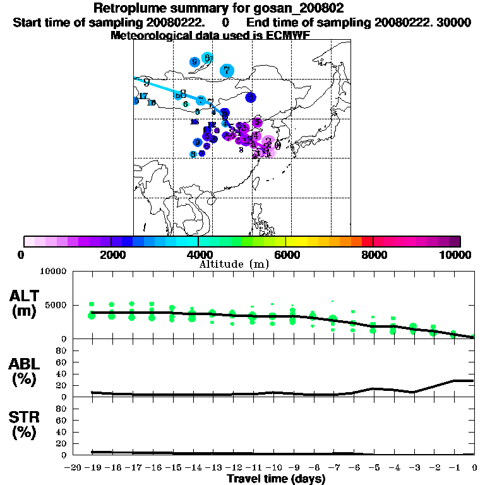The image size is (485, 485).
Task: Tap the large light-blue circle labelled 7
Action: coord(226,71)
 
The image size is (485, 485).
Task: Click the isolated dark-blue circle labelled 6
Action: coord(251,97)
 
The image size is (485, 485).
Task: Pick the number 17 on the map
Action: coord(143,96)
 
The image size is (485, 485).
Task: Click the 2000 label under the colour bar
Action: coord(111,254)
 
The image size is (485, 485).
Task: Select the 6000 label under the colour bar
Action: coord(285,254)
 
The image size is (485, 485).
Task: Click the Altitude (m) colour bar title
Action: coord(234,264)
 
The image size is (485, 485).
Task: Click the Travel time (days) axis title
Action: coord(276,479)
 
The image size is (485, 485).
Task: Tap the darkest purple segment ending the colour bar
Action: coord(455,241)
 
